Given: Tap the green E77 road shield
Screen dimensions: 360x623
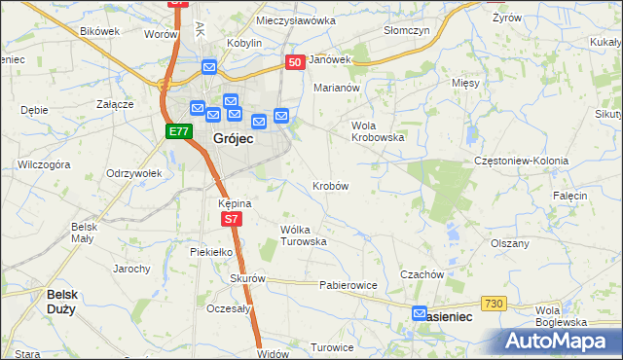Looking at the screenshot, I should tap(177, 131).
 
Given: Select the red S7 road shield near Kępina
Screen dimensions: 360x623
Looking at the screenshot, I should tap(231, 220).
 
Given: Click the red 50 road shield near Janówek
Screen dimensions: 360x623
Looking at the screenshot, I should tap(295, 61).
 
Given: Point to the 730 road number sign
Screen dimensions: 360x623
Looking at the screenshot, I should tap(494, 305).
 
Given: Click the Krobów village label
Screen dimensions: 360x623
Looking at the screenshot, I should tap(331, 185).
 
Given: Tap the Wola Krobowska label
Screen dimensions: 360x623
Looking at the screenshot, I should tap(377, 131).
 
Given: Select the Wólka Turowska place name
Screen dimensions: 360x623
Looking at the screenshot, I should tap(303, 234).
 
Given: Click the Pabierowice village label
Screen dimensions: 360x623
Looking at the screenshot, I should tap(348, 286).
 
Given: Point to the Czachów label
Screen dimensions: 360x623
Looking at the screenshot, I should tap(422, 274).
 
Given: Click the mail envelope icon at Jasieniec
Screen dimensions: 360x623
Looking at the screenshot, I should tap(420, 313).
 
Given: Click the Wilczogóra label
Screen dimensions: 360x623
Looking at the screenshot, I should tap(44, 165).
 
